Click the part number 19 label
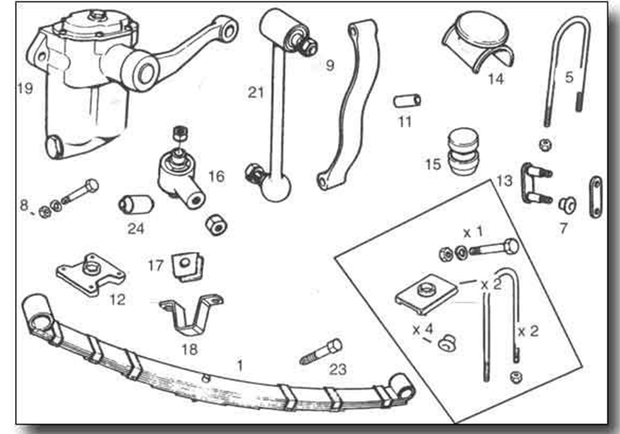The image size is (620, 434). pos(25,88)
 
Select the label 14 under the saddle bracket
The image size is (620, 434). pos(495,79)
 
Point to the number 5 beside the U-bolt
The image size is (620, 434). pos(569,77)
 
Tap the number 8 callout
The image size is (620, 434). pos(24,207)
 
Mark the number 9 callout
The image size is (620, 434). pos(329,65)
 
